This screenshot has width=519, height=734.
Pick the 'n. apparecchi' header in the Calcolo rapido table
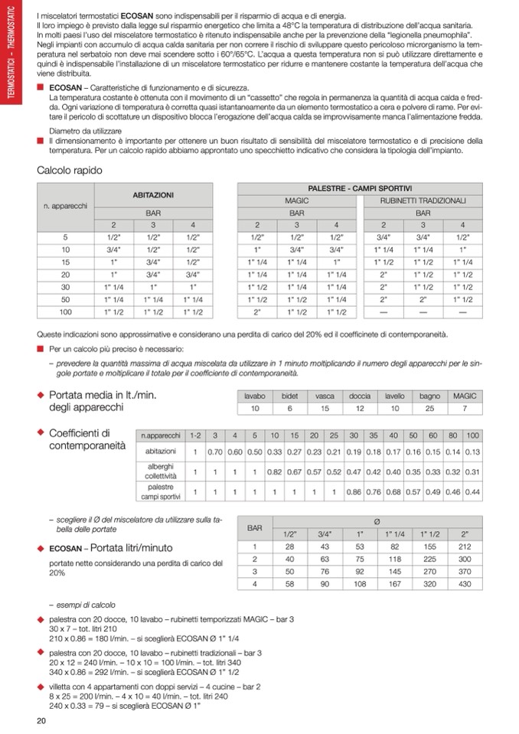(65, 206)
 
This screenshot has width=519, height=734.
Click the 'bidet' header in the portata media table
(290, 396)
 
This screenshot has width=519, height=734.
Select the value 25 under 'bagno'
(429, 409)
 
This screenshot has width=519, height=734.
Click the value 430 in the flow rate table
(465, 585)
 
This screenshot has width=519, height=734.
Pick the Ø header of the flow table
(377, 522)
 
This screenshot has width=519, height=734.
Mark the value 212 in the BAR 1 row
(465, 546)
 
